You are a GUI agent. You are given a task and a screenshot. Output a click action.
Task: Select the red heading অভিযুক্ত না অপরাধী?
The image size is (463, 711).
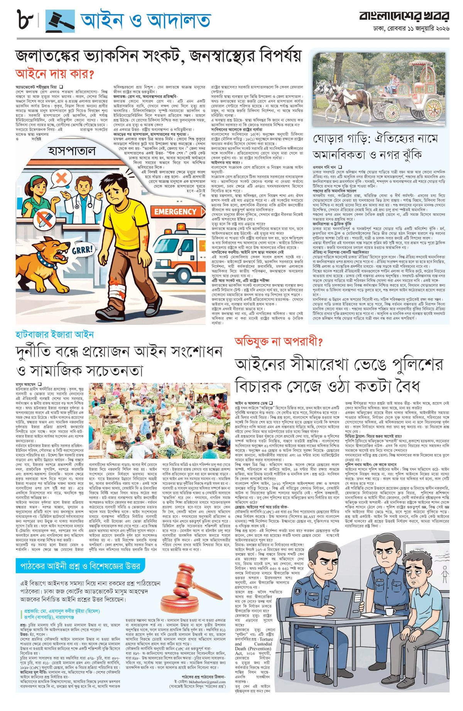pyautogui.click(x=279, y=342)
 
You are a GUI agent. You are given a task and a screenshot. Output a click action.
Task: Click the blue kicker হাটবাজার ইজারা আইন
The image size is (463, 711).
pyautogui.click(x=54, y=334)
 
